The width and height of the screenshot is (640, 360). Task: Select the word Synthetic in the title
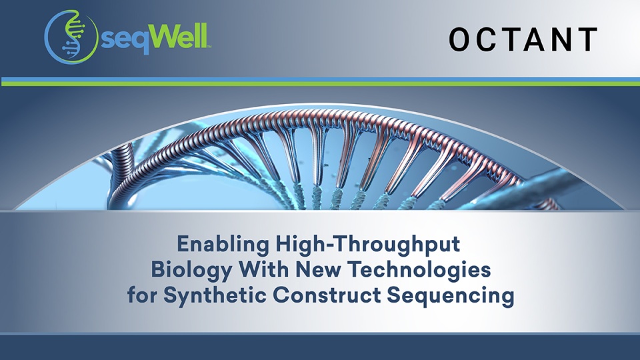pos(209,295)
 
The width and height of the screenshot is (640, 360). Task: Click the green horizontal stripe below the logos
pos(320,84)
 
